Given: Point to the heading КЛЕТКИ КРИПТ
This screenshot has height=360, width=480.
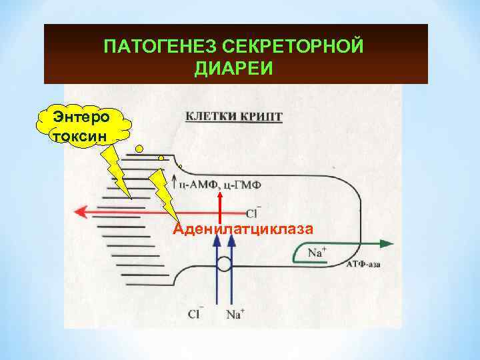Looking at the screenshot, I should pos(233,117).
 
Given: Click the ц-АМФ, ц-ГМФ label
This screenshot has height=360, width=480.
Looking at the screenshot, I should pos(226,183).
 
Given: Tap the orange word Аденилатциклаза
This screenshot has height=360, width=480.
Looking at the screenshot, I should pos(243,229).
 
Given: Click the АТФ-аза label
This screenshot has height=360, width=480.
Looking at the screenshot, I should pos(365,265).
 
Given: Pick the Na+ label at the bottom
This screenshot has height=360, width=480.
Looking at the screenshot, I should pos(235,313).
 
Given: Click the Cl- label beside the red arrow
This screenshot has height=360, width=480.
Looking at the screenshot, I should pos(252,213).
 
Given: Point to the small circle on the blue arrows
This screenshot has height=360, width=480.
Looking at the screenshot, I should pos(225,264).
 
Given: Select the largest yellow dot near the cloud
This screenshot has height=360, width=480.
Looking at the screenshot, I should pos(139,148).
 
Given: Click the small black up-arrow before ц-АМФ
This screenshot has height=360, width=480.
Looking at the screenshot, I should pos(175,181).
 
